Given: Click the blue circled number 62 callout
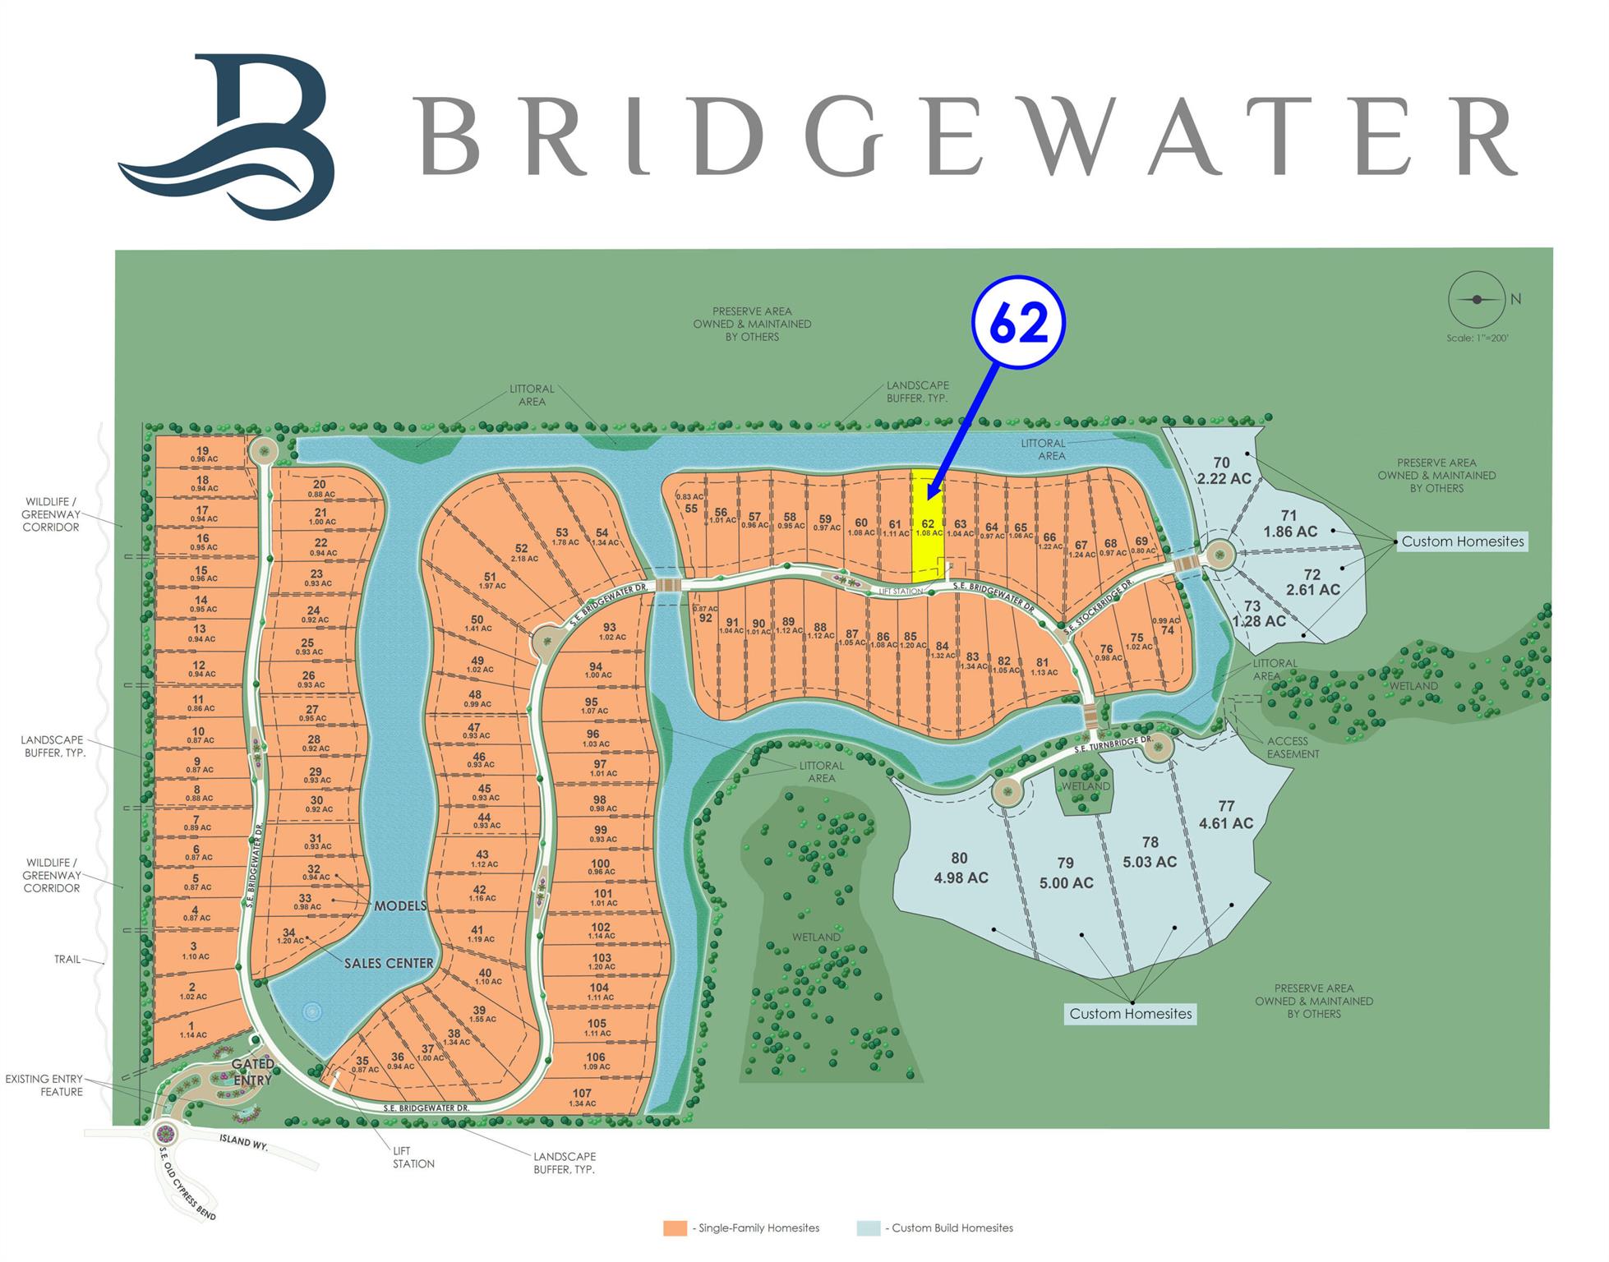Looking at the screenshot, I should point(1018,323).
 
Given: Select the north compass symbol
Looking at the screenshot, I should point(1477,300).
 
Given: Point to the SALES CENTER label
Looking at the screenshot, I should point(388,963).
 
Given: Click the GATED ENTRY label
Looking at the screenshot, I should point(252,1072).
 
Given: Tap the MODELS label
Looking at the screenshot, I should point(400,905).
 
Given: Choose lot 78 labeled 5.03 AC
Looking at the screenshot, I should point(1150,852).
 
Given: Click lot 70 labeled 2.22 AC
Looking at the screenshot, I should point(1223,471).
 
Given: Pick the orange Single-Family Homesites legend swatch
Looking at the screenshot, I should point(675,1228).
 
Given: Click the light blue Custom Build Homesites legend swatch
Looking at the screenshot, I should point(868,1228).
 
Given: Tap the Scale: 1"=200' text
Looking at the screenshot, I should point(1478,338).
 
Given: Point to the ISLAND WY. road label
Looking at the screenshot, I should point(245,1141).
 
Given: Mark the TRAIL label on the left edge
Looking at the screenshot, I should point(67,959).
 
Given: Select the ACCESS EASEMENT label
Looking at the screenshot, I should point(1293,747).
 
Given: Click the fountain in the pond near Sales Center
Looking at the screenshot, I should point(312,1011).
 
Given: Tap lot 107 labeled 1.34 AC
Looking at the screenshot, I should point(582,1098).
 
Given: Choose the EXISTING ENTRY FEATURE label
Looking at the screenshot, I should point(44,1085).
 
